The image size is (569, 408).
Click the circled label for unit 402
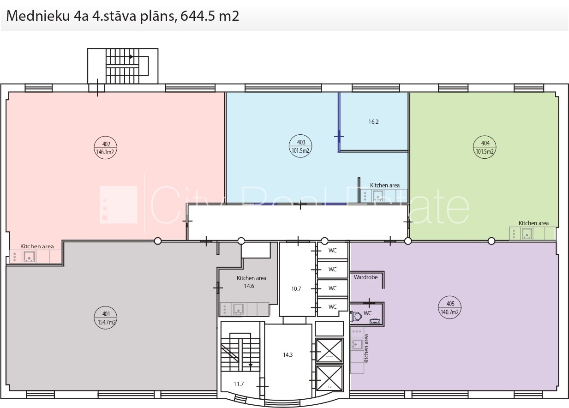click(105, 148)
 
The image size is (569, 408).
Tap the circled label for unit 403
click(300, 146)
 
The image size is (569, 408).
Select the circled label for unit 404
click(485, 147)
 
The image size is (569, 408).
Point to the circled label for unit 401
click(105, 318)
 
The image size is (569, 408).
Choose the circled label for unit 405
click(450, 307)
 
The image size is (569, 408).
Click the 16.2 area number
click(373, 122)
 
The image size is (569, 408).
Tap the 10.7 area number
click(296, 288)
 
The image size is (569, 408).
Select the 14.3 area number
click(288, 354)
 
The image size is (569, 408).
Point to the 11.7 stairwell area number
click(239, 384)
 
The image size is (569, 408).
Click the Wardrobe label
click(365, 277)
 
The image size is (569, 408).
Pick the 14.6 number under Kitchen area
click(249, 286)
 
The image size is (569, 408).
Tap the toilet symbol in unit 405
click(356, 316)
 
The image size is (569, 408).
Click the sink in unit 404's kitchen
click(527, 234)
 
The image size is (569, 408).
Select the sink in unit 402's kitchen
click(29, 257)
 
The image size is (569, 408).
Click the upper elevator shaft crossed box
click(329, 351)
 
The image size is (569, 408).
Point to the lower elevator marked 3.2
click(329, 378)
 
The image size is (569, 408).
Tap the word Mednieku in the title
click(38, 16)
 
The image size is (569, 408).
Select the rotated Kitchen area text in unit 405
click(366, 349)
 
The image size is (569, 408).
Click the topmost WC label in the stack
click(333, 251)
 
